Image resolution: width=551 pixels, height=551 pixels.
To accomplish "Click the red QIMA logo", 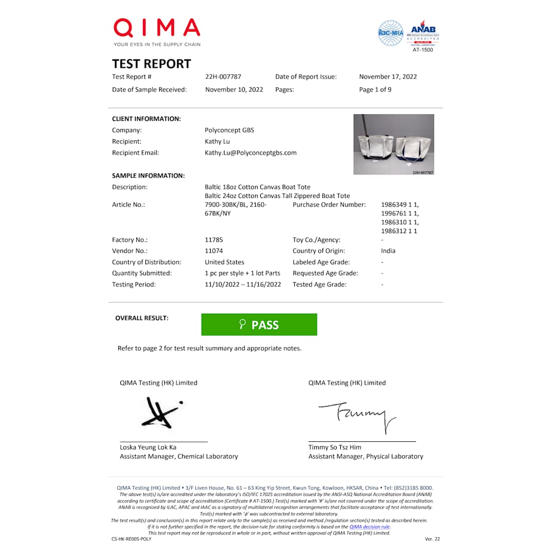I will pos(157,28).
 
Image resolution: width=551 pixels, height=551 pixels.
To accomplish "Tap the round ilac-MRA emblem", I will pos(390,33).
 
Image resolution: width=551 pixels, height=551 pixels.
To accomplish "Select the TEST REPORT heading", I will pos(152,64).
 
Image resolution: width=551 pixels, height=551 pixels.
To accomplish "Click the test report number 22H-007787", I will pos(223,77).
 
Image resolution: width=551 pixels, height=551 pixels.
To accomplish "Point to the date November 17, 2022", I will pos(388,77).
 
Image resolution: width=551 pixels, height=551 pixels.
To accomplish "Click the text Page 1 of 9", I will pos(375,90).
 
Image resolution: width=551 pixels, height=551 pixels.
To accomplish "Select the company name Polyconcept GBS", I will pos(229,130).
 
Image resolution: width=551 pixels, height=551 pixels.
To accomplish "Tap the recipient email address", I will pos(251,153).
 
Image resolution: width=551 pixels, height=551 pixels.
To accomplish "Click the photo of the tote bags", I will pos(393,144).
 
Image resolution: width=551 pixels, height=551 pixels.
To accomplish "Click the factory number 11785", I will pos(214,240).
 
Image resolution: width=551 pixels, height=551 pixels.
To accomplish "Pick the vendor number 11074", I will pos(214,251).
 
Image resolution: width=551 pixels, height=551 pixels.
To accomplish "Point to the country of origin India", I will pos(388,251).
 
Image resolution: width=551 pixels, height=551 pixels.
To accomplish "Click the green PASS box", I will pos(259,325).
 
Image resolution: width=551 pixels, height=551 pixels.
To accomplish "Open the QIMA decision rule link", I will pos(369,527).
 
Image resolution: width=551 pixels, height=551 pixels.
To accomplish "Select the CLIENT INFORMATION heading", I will pos(146,119).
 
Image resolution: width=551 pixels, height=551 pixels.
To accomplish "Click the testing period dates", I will pos(243,285).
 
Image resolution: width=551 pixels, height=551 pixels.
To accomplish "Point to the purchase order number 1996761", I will pos(399,213).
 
